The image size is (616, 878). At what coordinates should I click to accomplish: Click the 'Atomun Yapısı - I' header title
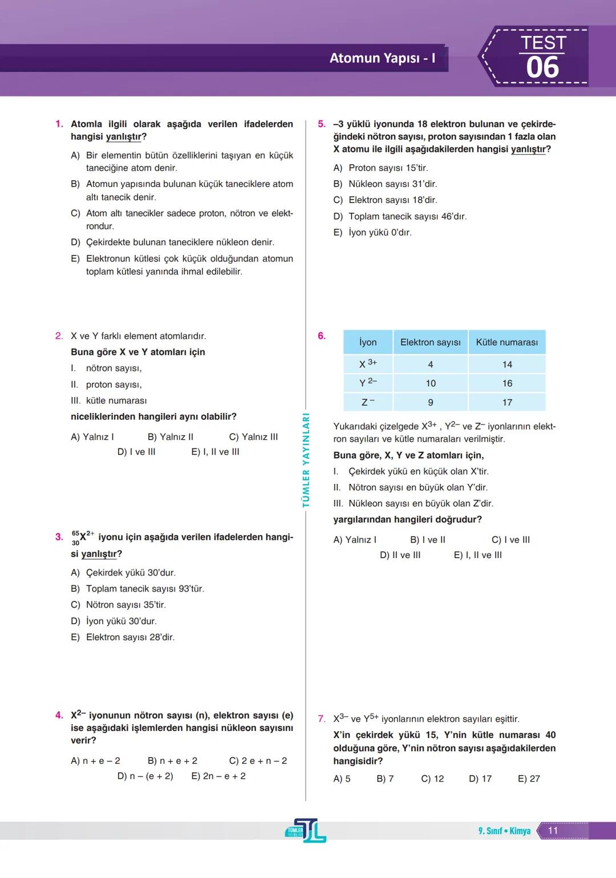pos(382,58)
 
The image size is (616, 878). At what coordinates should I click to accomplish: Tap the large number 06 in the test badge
pos(542,68)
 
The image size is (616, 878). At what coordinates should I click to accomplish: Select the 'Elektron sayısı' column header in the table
pos(430,342)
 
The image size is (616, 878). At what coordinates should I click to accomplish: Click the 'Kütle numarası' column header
pos(506,342)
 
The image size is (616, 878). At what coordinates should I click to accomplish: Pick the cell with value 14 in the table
pos(507,365)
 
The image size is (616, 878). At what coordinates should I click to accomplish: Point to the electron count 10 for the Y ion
pos(431,383)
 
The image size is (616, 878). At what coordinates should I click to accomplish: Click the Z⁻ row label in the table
pos(368,402)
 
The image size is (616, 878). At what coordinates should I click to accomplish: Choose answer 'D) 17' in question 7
pos(480,779)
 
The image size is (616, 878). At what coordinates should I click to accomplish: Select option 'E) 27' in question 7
pos(529,779)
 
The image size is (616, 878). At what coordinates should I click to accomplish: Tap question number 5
pos(322,124)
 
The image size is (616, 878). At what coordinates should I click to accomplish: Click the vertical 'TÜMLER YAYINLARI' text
pos(306,460)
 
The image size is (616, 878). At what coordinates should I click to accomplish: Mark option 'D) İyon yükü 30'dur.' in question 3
pos(114,621)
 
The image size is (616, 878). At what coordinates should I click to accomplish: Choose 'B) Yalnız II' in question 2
pos(170,437)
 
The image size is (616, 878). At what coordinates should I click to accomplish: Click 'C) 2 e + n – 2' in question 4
pos(258,761)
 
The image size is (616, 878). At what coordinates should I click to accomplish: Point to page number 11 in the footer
pos(553,831)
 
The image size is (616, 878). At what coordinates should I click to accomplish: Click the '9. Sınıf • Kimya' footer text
pos(504,831)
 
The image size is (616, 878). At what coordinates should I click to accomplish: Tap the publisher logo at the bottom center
pos(306,831)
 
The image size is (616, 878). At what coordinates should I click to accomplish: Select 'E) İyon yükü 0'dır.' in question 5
pos(372,233)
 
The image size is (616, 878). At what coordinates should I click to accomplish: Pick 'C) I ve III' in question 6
pos(510,540)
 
